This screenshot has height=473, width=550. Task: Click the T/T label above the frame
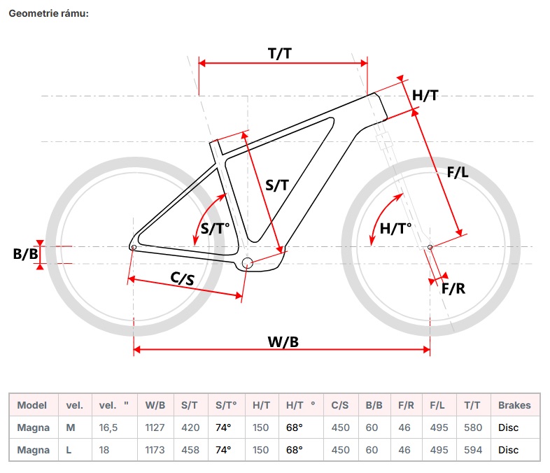click(x=280, y=52)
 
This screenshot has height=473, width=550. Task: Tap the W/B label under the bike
click(x=283, y=341)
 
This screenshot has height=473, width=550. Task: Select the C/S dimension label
click(x=183, y=277)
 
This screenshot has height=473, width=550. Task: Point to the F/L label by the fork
click(x=457, y=173)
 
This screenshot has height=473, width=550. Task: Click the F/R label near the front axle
click(x=453, y=288)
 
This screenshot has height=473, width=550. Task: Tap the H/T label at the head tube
click(x=425, y=95)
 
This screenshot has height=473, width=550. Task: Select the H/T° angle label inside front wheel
click(x=395, y=228)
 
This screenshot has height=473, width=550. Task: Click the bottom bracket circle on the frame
click(x=246, y=262)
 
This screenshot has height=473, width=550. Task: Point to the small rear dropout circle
click(x=133, y=246)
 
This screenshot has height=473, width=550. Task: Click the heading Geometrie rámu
click(x=49, y=14)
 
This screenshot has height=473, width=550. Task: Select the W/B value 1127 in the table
click(x=155, y=428)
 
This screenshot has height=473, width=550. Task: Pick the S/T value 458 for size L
click(x=190, y=450)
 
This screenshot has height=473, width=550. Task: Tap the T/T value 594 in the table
click(x=473, y=450)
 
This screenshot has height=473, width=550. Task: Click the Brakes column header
click(x=514, y=405)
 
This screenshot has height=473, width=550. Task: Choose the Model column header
click(x=32, y=405)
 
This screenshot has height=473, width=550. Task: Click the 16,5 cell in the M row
click(x=110, y=428)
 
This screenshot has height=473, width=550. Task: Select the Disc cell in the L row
click(x=509, y=450)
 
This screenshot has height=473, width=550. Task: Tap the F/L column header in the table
click(x=437, y=405)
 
